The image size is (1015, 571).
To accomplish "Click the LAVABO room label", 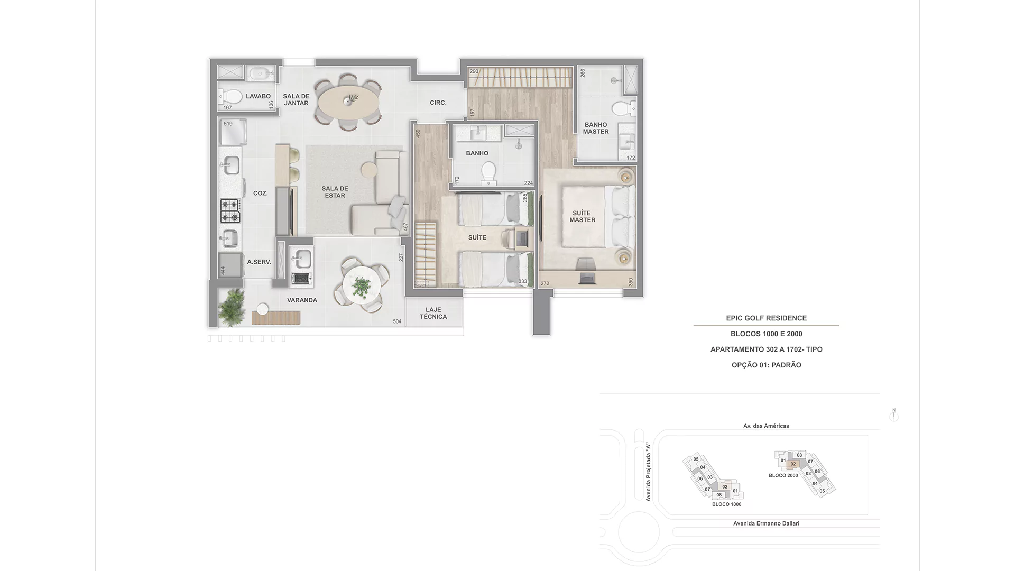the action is pyautogui.click(x=258, y=96).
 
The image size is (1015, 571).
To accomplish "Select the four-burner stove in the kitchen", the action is pyautogui.click(x=230, y=211).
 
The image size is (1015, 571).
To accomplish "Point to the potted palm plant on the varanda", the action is pyautogui.click(x=232, y=307).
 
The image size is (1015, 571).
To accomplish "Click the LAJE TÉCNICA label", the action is pyautogui.click(x=433, y=313).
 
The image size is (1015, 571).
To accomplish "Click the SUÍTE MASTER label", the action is pyautogui.click(x=582, y=216).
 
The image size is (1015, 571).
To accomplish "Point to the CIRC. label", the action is pyautogui.click(x=438, y=103).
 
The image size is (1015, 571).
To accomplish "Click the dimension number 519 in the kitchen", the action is pyautogui.click(x=228, y=124).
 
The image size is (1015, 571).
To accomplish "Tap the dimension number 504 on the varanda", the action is pyautogui.click(x=397, y=321).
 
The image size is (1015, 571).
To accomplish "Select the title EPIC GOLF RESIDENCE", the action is pyautogui.click(x=767, y=318).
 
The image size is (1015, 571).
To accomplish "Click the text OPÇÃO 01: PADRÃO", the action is pyautogui.click(x=767, y=365).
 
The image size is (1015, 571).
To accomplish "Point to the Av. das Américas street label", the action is pyautogui.click(x=766, y=426).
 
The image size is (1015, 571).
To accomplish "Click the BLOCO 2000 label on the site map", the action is pyautogui.click(x=783, y=475).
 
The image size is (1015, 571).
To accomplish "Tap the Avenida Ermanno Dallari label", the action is pyautogui.click(x=766, y=523).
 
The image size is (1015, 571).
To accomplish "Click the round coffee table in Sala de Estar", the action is pyautogui.click(x=368, y=170).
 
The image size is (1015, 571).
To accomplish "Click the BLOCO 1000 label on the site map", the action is pyautogui.click(x=726, y=504).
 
